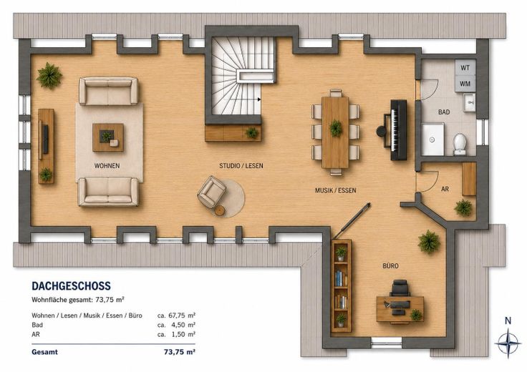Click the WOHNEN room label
pos(107,165)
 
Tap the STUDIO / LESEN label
pos(241,165)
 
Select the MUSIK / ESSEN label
pos(335,190)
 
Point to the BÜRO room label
pos(390,266)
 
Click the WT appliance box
pos(465,67)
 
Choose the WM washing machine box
pos(465,84)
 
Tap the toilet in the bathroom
pos(460,144)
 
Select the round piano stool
pos(381,131)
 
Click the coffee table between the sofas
pos(108,137)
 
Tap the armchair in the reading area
pos(212,191)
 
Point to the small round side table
pos(220,210)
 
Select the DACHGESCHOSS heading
pos(72,285)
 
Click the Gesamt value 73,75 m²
pos(180,352)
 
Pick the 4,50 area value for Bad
pos(176,325)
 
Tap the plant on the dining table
pos(336,128)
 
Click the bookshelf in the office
pos(342,285)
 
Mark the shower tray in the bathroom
pos(432,139)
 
